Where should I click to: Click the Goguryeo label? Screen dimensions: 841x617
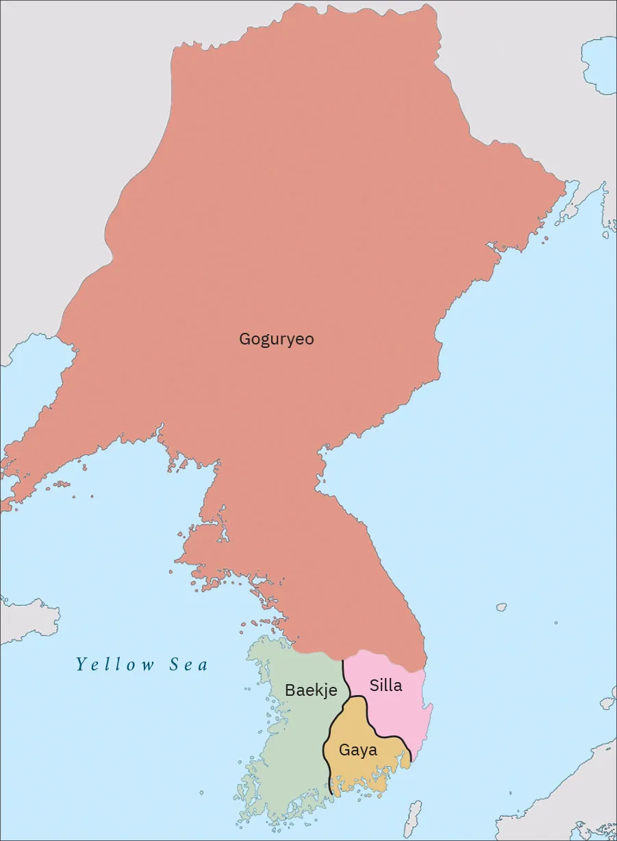coord(276,339)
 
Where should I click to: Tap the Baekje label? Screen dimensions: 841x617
coord(311,690)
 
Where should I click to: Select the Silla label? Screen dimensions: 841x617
coord(386,685)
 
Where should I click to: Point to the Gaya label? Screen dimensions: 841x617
coord(358,750)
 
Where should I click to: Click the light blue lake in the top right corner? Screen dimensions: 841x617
coord(599,65)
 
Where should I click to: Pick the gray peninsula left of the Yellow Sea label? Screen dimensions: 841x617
coord(27,620)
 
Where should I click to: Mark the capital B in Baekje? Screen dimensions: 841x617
coord(290,690)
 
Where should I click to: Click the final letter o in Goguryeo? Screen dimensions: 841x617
coord(310,339)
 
